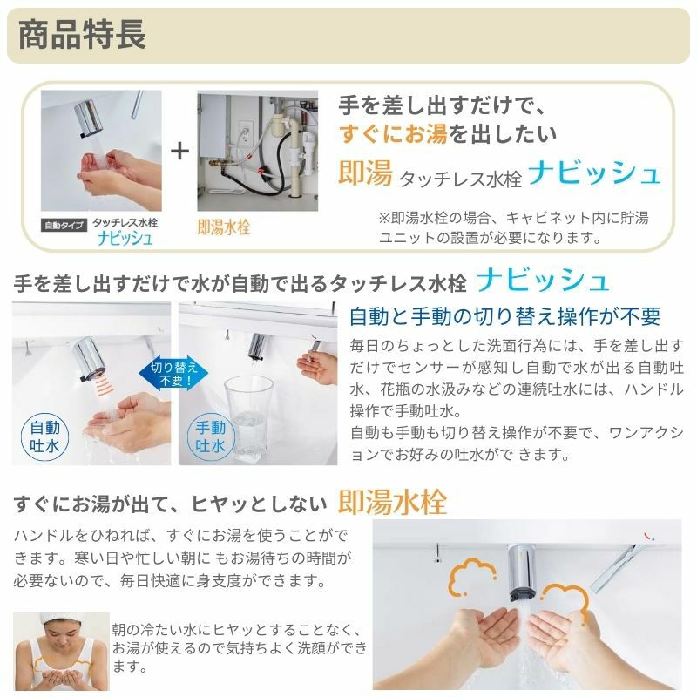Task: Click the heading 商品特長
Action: (x=82, y=35)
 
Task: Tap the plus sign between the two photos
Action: (x=179, y=151)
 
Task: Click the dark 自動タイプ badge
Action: (x=64, y=226)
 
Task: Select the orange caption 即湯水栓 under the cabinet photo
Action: (x=224, y=227)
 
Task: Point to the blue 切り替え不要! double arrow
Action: (x=173, y=374)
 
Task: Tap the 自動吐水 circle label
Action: (x=45, y=437)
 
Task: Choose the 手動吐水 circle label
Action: (x=211, y=437)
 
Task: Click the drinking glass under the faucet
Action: (x=248, y=419)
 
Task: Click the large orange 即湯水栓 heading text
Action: (x=392, y=503)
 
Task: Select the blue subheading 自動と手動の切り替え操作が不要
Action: (x=505, y=316)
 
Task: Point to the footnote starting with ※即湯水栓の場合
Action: (x=513, y=227)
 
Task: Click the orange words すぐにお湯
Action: (x=393, y=134)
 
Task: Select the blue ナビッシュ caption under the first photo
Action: (x=125, y=238)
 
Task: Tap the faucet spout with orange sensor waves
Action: (x=90, y=359)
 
